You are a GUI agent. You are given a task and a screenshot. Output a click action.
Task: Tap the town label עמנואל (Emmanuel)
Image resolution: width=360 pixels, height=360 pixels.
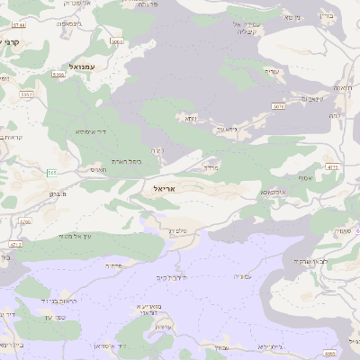pos(86,67)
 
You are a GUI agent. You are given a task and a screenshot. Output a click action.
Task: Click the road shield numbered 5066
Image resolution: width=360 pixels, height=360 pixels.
pos(117,41)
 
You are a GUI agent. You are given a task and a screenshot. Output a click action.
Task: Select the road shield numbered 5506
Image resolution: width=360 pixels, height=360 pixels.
pos(58,76)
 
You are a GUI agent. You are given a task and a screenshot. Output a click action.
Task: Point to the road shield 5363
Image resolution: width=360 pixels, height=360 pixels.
pos(27,94)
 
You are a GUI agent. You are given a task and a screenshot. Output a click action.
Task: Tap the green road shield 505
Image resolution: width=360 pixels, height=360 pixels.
pos(52,172)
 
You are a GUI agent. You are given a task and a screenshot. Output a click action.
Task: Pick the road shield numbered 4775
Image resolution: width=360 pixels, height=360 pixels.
pos(332,166)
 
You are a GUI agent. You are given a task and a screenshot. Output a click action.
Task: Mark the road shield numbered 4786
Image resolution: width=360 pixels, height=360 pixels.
pos(24,221)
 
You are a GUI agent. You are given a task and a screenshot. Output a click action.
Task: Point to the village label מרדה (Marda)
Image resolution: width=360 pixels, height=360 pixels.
pos(211,167)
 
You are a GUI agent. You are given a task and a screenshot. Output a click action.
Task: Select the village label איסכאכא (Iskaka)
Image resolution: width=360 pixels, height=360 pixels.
pos(274,192)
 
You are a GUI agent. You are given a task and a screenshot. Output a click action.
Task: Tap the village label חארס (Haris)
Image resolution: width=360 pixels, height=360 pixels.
pos(98,168)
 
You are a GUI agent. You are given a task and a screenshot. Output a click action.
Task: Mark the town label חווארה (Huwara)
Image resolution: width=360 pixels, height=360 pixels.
pos(342,87)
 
